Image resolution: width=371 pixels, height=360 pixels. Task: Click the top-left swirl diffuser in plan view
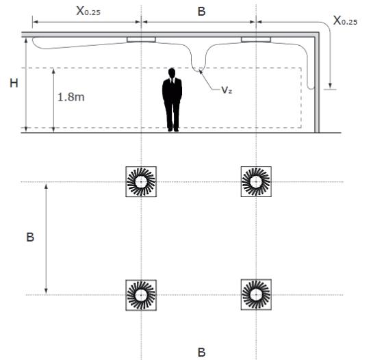point(141,181)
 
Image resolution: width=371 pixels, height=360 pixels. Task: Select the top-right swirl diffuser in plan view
point(256,181)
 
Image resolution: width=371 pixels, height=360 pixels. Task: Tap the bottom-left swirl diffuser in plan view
point(141,295)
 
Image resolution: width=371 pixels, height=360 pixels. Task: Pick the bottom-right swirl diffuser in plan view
point(256,295)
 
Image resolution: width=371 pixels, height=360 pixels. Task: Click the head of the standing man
point(172,73)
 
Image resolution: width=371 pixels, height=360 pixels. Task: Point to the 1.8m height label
point(71,97)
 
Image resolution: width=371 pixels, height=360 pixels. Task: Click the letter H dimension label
point(14,83)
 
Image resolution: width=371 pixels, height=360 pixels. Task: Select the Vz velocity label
point(227,90)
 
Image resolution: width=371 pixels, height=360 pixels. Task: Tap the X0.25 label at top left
point(88,11)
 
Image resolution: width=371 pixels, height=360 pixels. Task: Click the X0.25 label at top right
point(345,21)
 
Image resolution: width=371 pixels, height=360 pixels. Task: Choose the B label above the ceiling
point(201,12)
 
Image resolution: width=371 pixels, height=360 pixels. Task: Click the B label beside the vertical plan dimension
point(30,237)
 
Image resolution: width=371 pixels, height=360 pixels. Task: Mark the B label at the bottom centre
point(201,352)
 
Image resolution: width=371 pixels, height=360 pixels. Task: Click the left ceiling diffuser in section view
point(141,40)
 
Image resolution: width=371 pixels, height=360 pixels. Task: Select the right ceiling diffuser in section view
point(256,40)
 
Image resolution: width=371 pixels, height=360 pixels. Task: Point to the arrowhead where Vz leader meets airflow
point(201,71)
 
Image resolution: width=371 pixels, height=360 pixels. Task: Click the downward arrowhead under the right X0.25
point(330,86)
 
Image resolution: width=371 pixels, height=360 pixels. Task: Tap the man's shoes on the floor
point(173,129)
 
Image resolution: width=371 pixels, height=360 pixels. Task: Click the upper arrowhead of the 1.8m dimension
point(53,70)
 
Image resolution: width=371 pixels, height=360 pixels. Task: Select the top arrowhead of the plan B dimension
point(46,186)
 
